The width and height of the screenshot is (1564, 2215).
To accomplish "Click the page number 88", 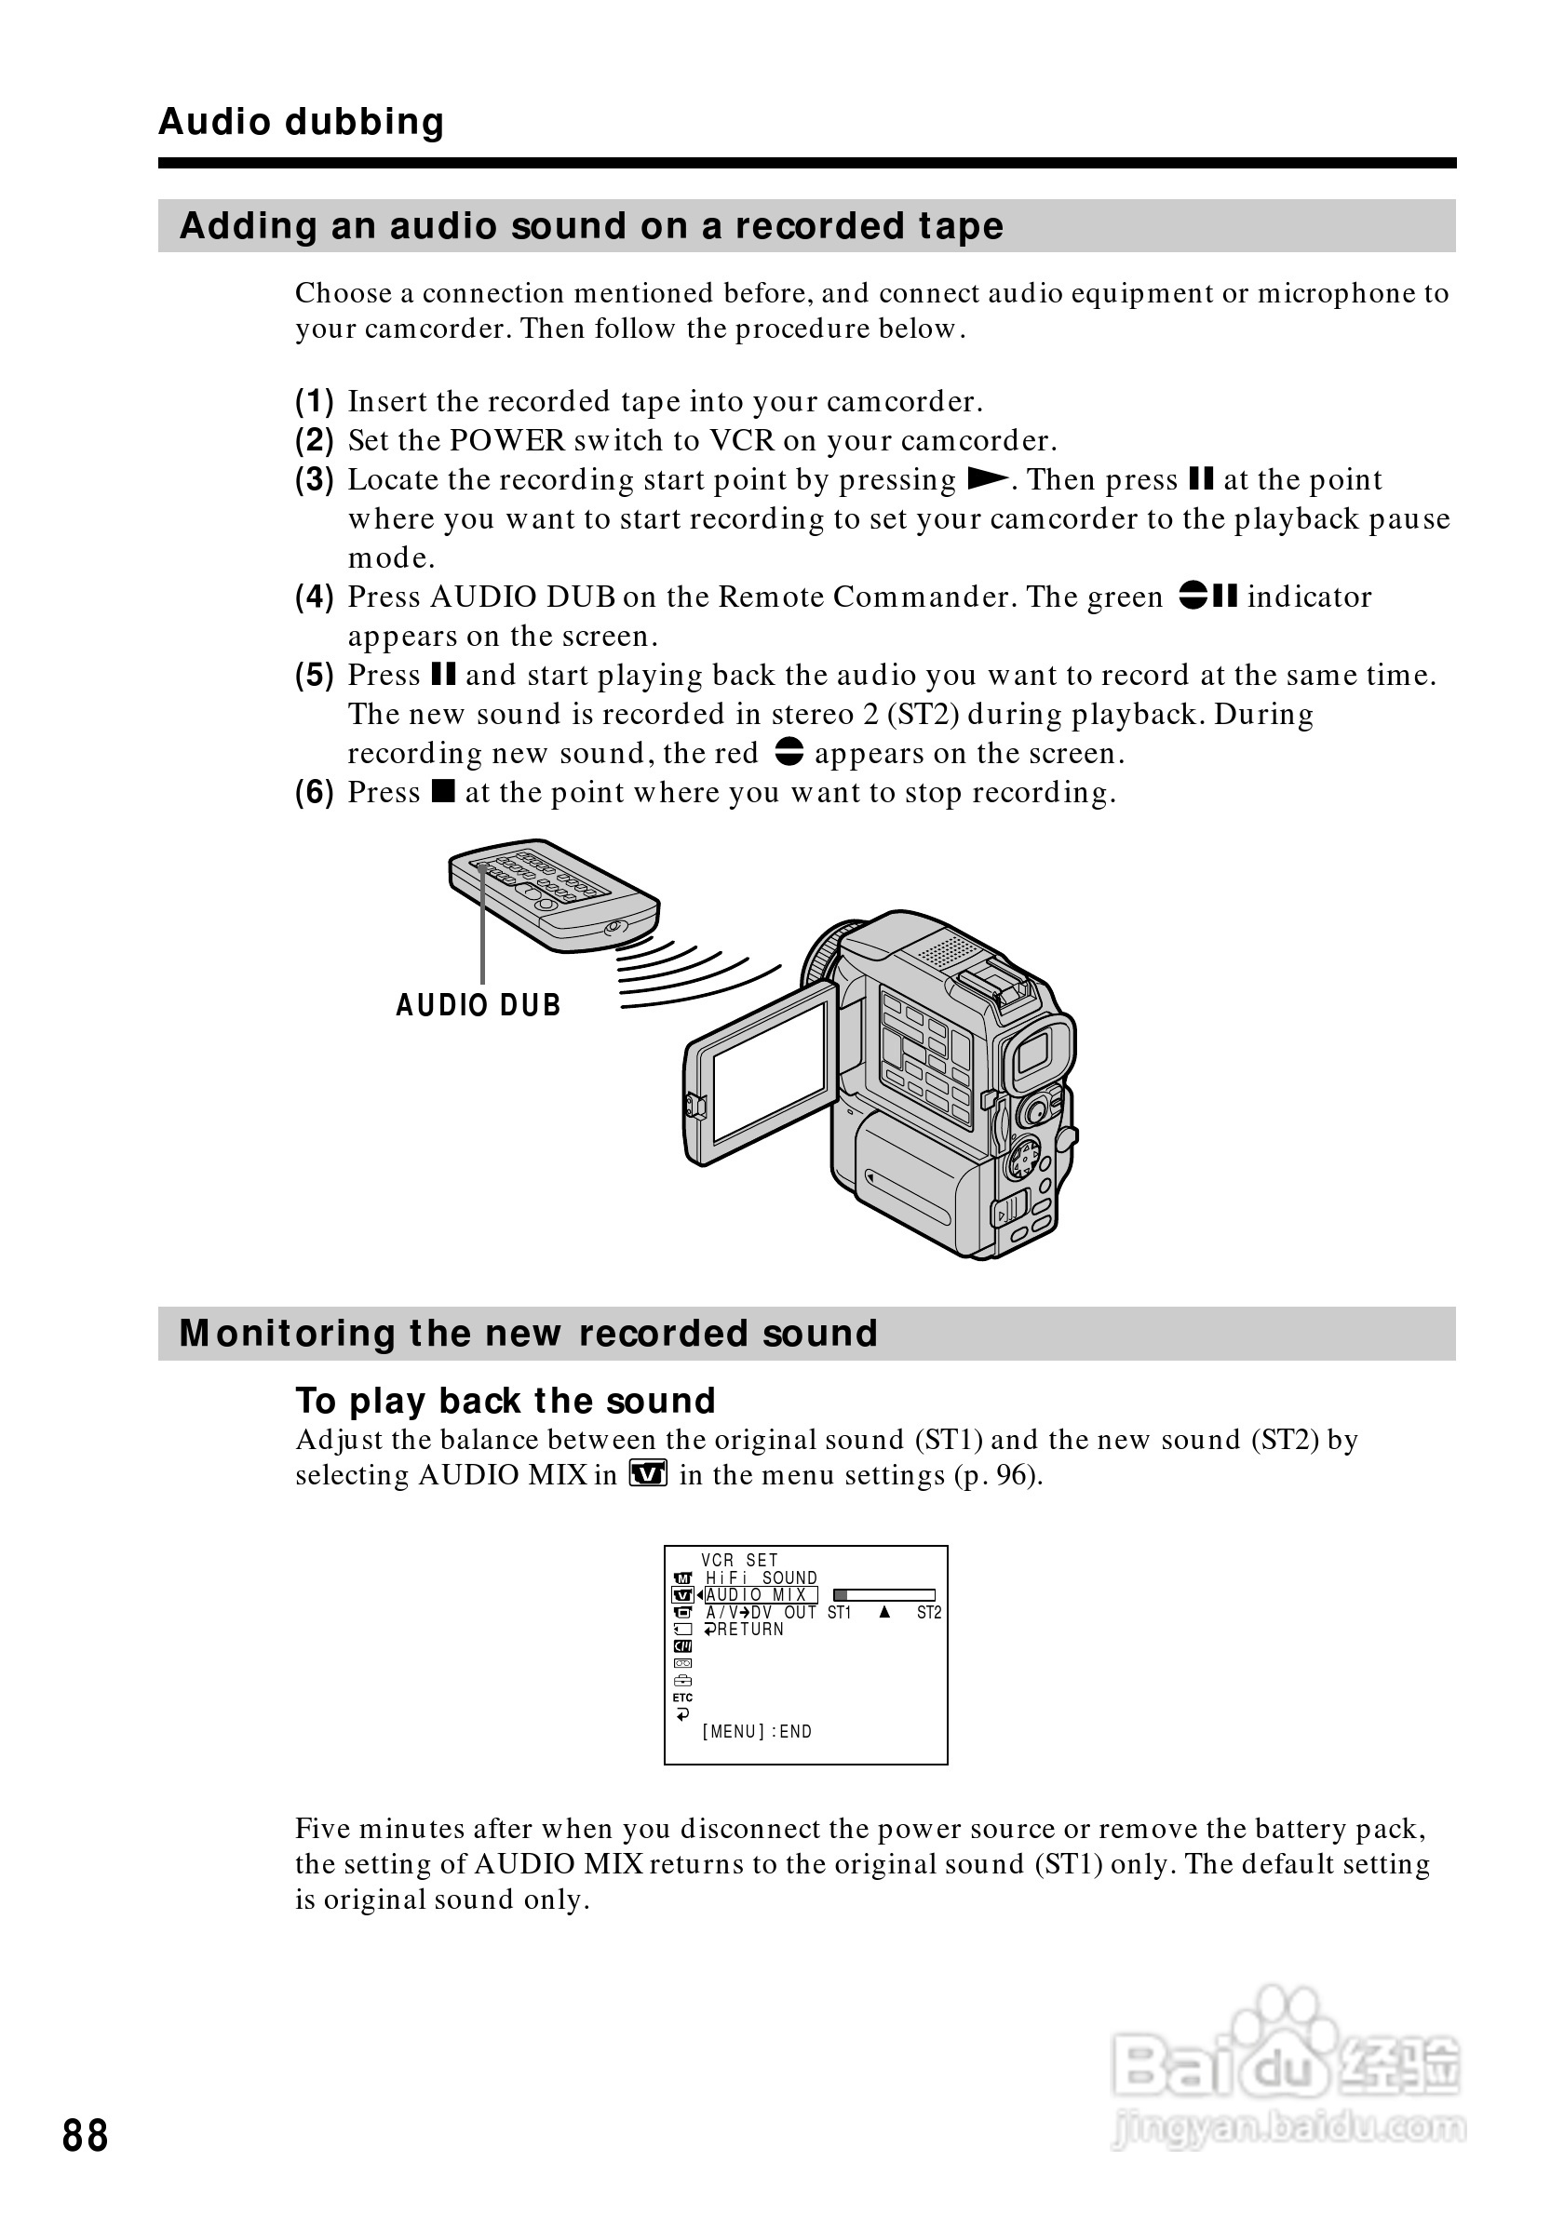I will [x=85, y=2135].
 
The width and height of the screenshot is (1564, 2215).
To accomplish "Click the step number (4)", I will [x=315, y=597].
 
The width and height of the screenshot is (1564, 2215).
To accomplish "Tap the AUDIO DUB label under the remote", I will [x=478, y=1005].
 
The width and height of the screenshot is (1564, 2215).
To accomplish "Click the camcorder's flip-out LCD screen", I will [x=770, y=1072].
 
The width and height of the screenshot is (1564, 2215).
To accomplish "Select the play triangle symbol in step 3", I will [x=987, y=479].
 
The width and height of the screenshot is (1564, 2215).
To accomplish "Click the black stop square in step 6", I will [x=443, y=792].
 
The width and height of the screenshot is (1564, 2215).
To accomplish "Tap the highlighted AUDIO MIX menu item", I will [x=761, y=1594].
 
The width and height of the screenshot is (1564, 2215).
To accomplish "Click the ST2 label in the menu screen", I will [x=928, y=1612].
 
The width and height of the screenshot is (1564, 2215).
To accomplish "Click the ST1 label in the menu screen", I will [x=839, y=1612].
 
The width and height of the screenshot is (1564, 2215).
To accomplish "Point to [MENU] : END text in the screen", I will [x=757, y=1732].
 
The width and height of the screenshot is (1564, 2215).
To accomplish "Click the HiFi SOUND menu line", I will [x=761, y=1577].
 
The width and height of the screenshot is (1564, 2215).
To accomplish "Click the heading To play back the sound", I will [x=505, y=1401].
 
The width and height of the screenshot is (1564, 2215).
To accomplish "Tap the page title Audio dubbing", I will [x=301, y=122].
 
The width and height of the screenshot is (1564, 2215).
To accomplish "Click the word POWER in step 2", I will [x=507, y=441].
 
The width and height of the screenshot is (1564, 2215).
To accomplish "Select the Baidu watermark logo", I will [x=1287, y=2073].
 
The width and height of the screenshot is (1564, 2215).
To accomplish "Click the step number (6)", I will [x=315, y=793].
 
